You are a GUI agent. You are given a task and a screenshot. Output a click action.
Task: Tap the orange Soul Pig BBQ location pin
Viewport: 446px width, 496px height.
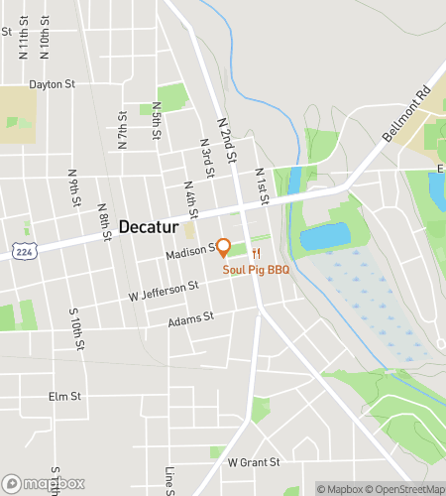point(224,248)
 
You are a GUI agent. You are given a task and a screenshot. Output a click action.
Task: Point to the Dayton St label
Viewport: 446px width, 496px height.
point(53,84)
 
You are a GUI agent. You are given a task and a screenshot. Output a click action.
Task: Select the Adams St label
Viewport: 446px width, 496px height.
point(190,319)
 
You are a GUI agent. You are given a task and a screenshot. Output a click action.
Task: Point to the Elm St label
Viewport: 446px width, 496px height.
point(63,396)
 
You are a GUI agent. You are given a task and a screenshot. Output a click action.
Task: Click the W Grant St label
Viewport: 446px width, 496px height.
point(254,462)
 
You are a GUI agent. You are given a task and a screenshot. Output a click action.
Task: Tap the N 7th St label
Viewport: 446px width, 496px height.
point(122,130)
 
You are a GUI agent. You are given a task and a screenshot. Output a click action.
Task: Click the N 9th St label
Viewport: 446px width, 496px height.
point(74,188)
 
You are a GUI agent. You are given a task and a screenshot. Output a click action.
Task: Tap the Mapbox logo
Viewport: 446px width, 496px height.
point(45,483)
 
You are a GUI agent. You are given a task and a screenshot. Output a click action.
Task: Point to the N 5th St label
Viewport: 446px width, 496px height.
point(157,120)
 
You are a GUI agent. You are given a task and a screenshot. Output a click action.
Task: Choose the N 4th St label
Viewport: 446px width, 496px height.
point(191,198)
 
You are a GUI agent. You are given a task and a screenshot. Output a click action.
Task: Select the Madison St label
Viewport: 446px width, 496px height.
point(191,252)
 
